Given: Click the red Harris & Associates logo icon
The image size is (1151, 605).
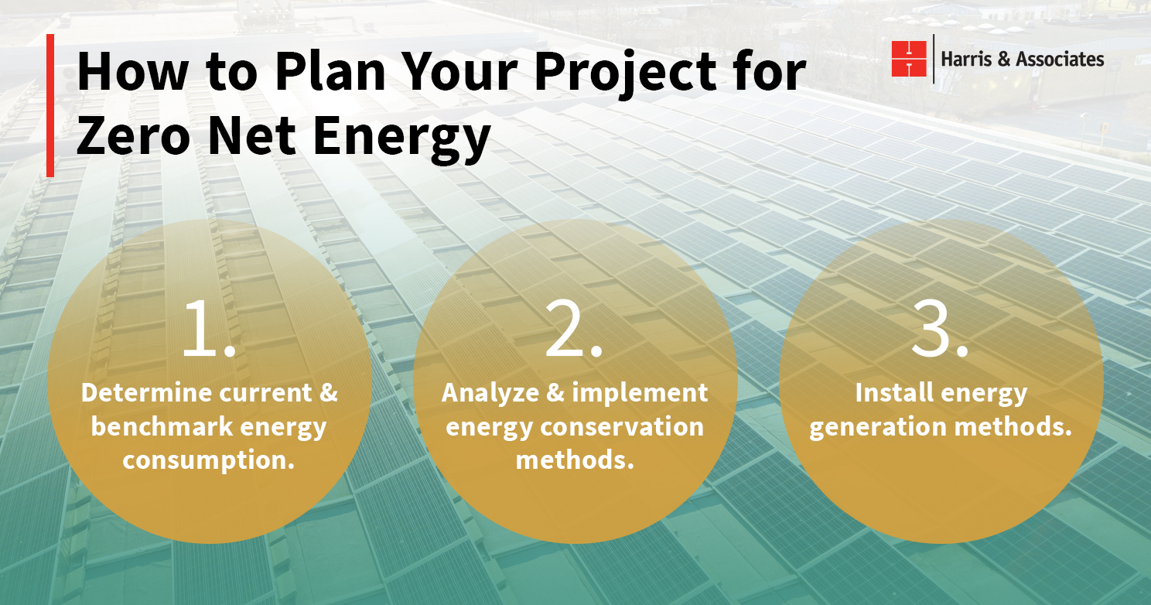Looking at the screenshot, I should click(x=909, y=59).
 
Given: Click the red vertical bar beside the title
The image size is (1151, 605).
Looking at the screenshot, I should click(x=50, y=105).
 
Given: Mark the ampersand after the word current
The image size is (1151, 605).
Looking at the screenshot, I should click(x=329, y=392).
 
